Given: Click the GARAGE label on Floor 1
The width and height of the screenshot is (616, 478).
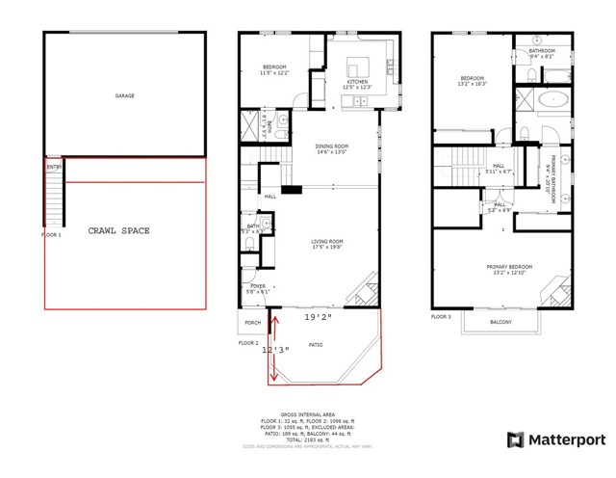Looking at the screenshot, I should tap(124, 96).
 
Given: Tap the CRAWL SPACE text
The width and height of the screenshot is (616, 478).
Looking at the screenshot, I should tap(118, 231).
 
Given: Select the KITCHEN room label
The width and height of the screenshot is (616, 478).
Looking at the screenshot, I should tap(357, 82).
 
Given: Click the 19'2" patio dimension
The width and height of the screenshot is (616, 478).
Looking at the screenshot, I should tap(318, 316).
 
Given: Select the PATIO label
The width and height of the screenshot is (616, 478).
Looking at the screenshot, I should tap(315, 345).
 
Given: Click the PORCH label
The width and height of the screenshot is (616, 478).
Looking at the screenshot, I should tap(253, 322).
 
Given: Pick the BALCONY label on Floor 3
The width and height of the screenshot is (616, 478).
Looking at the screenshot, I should tap(500, 322).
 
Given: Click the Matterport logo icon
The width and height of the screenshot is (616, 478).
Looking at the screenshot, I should tap(515, 440).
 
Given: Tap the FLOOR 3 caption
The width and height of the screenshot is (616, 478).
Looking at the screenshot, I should tap(441, 316).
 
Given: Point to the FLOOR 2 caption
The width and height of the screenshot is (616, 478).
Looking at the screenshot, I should tap(249, 342).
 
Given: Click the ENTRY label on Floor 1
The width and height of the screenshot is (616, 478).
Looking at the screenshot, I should tap(53, 167).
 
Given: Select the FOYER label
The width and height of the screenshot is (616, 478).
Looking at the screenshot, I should tap(258, 285).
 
